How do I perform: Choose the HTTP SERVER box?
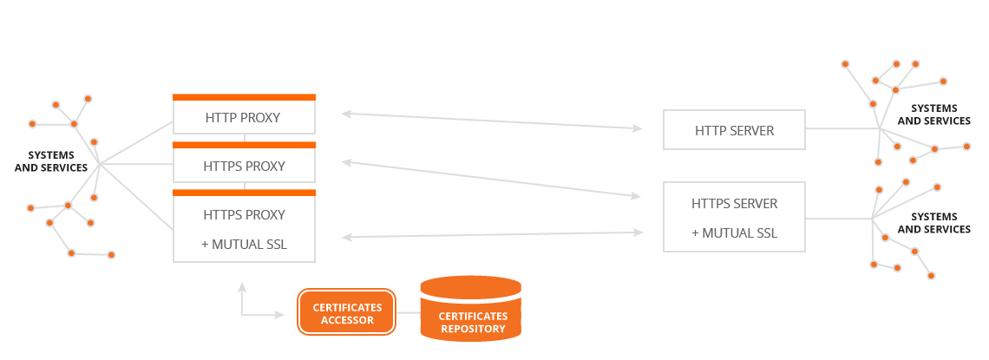pos(734,130)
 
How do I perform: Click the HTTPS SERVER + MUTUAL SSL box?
pos(734,217)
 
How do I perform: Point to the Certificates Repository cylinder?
pos(470,307)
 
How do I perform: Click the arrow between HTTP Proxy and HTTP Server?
pos(491,121)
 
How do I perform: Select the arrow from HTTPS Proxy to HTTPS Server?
pos(491,180)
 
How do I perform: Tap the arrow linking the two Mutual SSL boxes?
pos(491,234)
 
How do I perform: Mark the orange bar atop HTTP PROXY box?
pos(244,97)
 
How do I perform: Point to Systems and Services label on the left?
pos(57,161)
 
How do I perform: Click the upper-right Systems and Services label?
pos(933,115)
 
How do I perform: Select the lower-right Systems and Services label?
pos(933,223)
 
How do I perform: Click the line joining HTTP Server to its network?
pos(842,129)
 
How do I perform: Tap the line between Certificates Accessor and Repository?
pos(408,312)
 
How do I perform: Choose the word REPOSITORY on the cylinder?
pos(473,329)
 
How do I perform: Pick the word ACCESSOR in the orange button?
pos(348,320)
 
